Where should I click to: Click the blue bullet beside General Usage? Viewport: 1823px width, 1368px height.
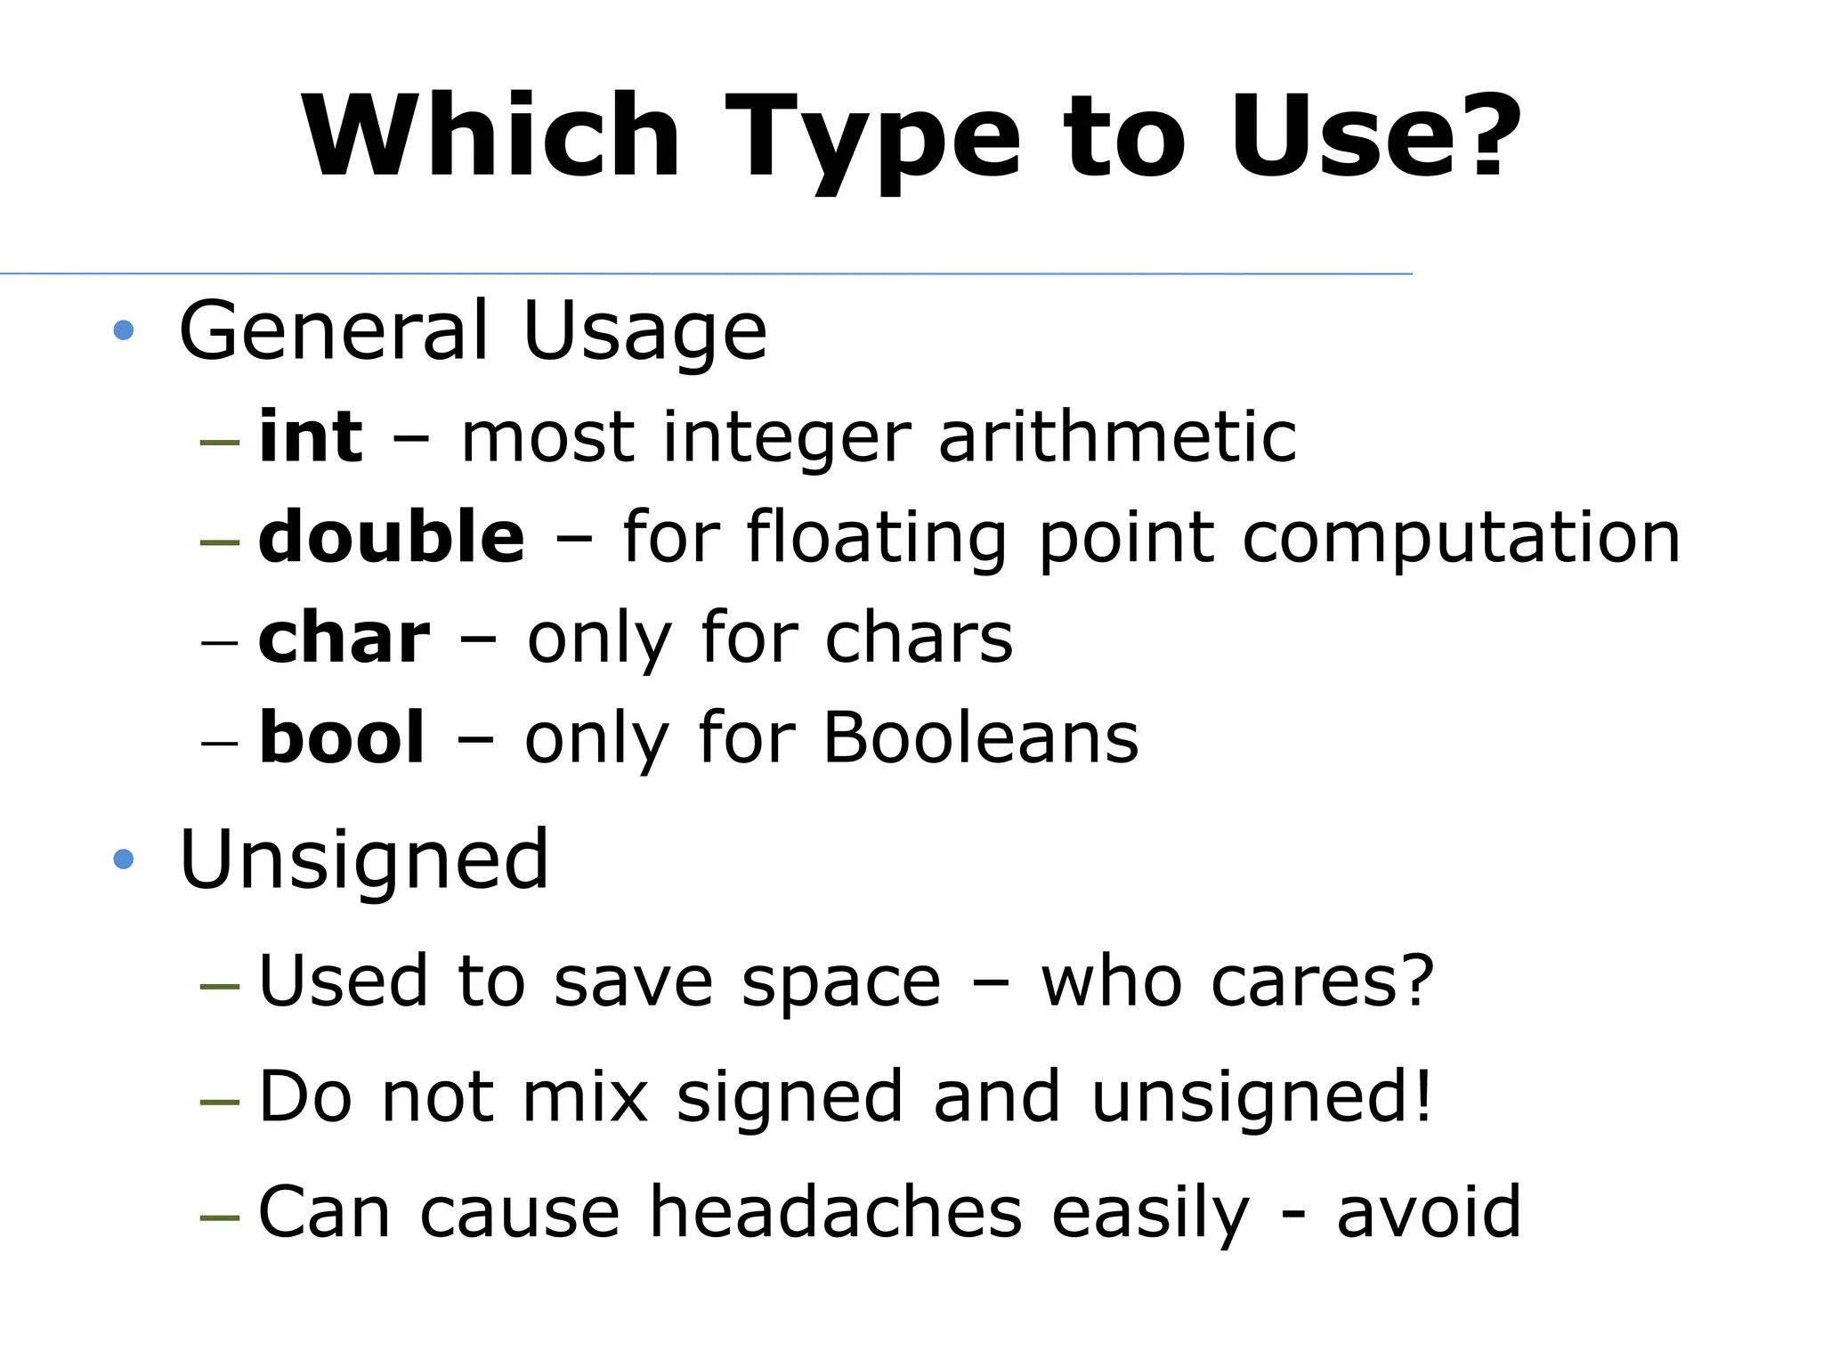point(124,331)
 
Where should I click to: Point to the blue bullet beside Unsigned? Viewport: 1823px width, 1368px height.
point(124,859)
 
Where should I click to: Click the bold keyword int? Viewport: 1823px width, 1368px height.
point(311,436)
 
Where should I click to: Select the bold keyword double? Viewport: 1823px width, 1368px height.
point(392,536)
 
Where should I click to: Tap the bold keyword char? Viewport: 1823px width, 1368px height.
point(344,638)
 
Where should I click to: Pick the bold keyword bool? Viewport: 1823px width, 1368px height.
point(342,737)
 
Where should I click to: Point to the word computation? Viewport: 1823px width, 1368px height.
point(1461,538)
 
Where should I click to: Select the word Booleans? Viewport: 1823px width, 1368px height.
point(980,737)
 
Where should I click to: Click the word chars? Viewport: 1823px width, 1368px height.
point(919,638)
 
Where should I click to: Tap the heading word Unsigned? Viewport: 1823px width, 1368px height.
point(364,860)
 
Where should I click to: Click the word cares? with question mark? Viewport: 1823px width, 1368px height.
point(1325,981)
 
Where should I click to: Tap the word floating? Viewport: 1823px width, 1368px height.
point(877,538)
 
